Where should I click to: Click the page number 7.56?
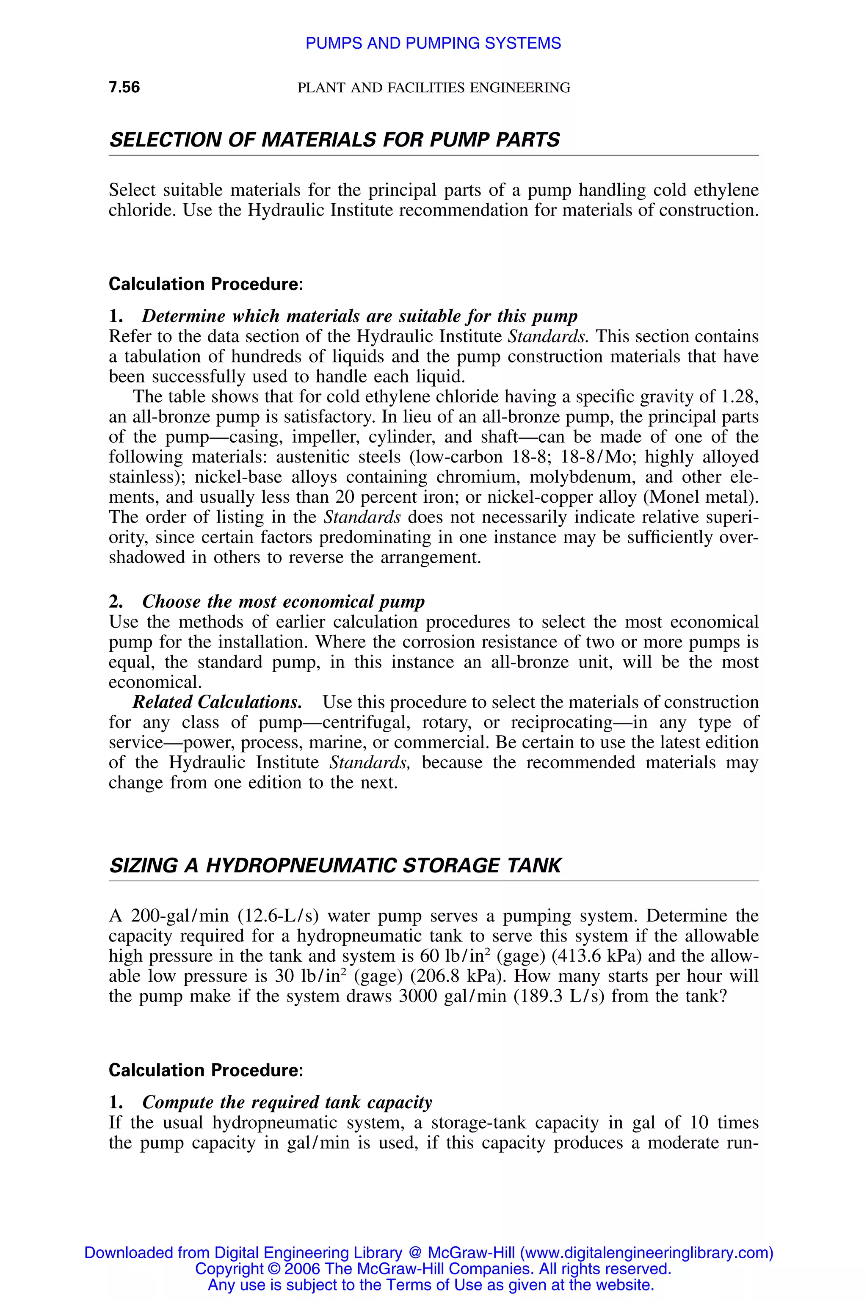click(124, 87)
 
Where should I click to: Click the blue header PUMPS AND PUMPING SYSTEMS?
click(433, 43)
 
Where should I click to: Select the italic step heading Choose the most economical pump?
click(283, 601)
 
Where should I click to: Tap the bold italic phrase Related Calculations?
click(217, 702)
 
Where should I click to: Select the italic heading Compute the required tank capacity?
click(287, 1102)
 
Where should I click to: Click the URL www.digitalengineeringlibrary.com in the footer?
click(645, 1253)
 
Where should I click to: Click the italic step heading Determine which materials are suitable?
click(359, 316)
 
